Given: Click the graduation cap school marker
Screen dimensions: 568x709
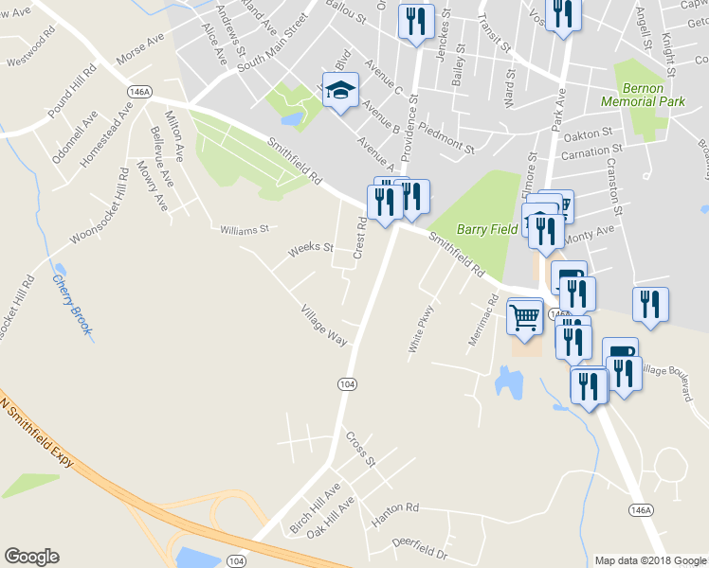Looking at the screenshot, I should click(340, 91).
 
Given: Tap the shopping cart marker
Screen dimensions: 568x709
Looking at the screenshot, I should click(525, 316).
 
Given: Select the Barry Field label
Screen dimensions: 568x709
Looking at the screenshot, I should click(487, 228).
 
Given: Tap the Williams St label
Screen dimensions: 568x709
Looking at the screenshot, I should click(245, 229).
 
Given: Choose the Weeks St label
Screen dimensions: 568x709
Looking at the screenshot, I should click(311, 249).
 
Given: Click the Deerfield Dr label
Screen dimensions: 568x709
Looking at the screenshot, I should click(418, 546).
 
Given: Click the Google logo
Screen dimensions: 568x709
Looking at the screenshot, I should click(31, 557).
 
